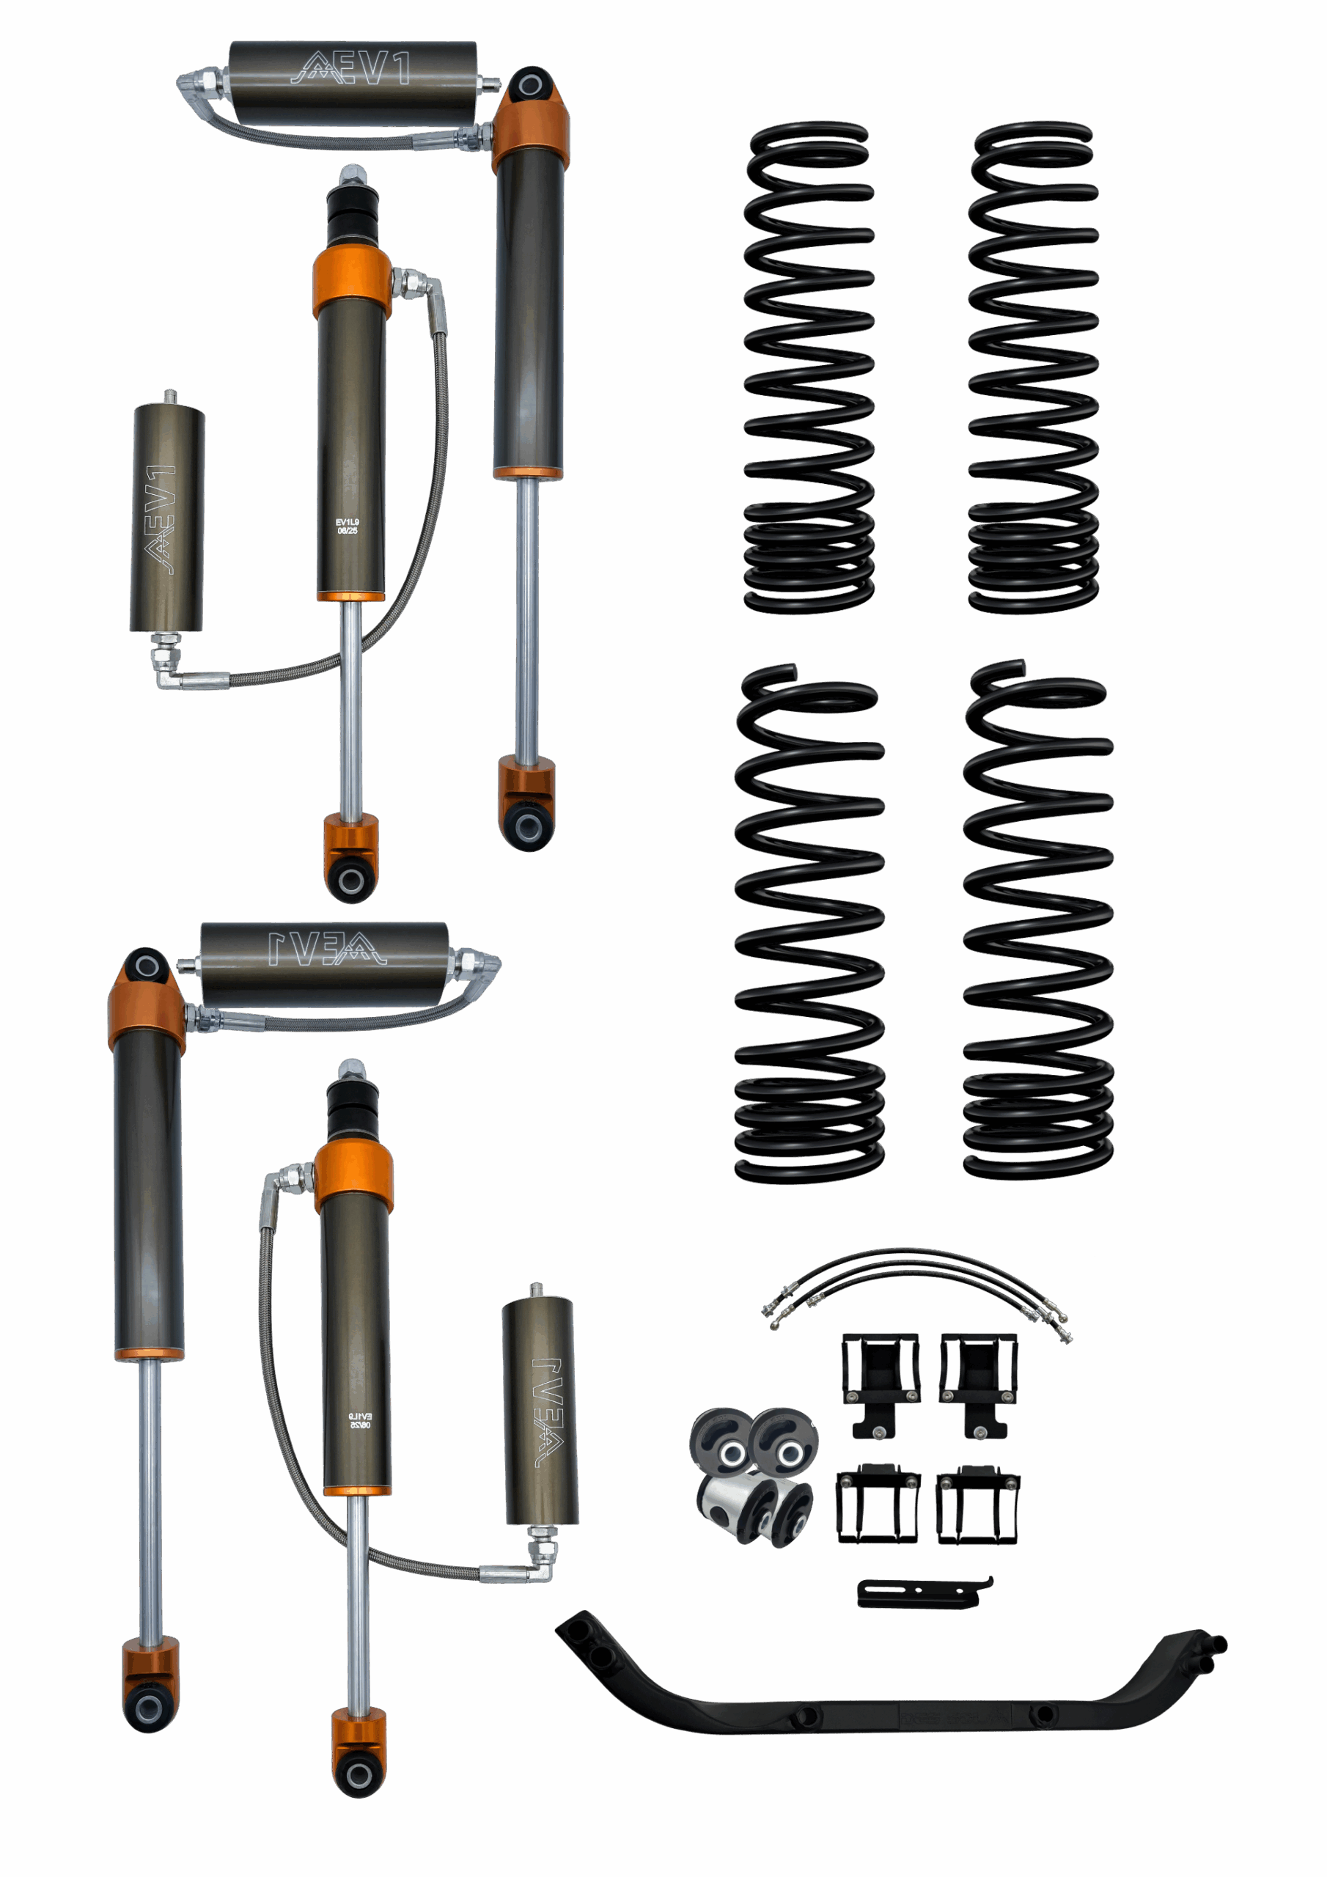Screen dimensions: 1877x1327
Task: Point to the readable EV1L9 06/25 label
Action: pos(348,526)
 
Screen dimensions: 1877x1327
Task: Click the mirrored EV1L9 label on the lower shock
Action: pos(360,1419)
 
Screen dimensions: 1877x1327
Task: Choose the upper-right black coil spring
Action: pos(1033,368)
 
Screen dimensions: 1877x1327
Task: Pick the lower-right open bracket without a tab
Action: pos(977,1505)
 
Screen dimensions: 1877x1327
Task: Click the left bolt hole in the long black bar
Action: pos(804,1714)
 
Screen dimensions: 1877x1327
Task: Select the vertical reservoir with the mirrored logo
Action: pos(540,1412)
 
